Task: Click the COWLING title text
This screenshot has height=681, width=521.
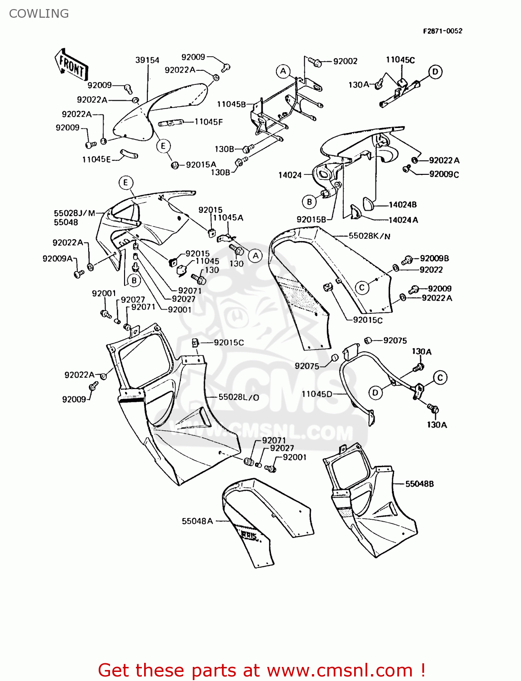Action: click(39, 14)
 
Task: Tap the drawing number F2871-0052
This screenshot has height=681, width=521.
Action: click(442, 31)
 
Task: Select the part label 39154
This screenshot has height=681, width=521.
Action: click(147, 60)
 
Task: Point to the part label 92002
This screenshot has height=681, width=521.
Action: click(345, 61)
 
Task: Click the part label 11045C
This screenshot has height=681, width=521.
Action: click(400, 60)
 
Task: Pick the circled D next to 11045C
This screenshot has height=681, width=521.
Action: click(435, 72)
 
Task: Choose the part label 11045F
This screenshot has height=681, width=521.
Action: click(209, 122)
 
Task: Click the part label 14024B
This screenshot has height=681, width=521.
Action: click(402, 205)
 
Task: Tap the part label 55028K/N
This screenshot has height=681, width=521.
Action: click(369, 236)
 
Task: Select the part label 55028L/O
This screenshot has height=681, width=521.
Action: click(239, 397)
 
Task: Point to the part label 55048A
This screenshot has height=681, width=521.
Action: click(197, 521)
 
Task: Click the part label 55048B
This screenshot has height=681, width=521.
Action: click(419, 484)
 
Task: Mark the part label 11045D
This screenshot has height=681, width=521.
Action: click(317, 394)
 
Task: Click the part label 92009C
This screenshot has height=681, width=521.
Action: click(444, 174)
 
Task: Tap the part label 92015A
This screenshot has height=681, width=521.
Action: click(201, 165)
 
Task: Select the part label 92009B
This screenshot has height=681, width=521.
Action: click(434, 258)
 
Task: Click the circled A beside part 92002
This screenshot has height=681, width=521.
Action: click(283, 71)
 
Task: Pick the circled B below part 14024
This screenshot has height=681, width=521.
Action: click(309, 202)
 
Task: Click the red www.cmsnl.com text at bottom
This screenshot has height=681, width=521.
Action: click(339, 670)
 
